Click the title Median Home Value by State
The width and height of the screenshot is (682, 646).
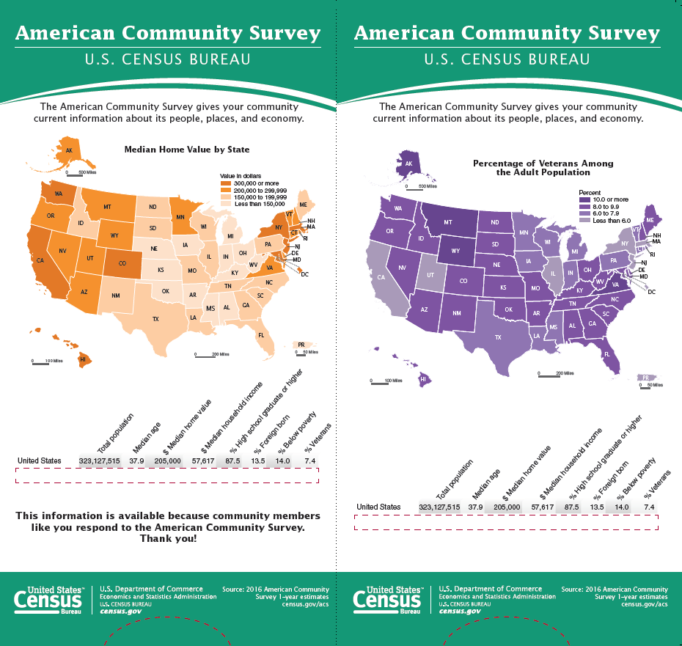(187, 150)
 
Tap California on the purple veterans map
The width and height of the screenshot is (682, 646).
(382, 279)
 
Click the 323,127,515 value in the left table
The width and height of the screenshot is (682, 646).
(100, 460)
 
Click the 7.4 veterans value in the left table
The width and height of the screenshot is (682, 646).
(309, 460)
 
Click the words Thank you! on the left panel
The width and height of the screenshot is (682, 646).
(168, 539)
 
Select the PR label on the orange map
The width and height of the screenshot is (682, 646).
(301, 344)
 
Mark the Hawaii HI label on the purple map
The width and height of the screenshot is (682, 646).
(423, 379)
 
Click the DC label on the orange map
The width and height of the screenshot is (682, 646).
(304, 274)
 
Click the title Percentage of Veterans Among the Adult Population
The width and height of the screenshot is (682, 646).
(543, 168)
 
